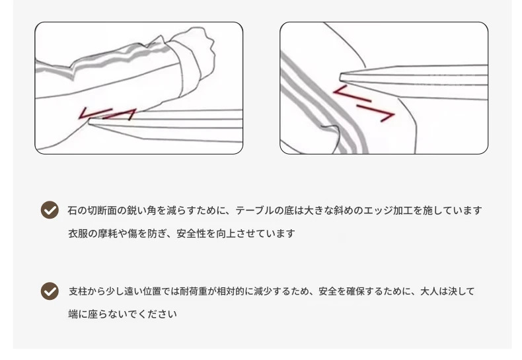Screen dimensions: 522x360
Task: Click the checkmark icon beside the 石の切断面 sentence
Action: (x=50, y=210)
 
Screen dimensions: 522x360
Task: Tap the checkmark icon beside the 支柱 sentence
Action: (x=50, y=291)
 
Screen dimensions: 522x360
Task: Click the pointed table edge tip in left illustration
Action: (x=89, y=122)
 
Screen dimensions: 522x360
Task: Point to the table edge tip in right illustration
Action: (x=340, y=77)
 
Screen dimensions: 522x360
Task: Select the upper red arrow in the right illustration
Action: (x=352, y=93)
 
